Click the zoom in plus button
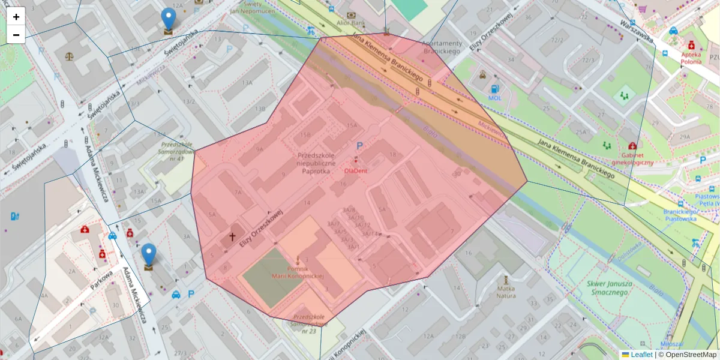pos(16,17)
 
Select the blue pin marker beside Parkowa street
pos(148,256)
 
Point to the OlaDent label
pos(356,170)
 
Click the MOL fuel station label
pos(495,97)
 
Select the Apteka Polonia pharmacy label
pos(691,57)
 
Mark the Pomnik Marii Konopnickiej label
pos(298,272)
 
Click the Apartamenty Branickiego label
pos(442,47)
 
